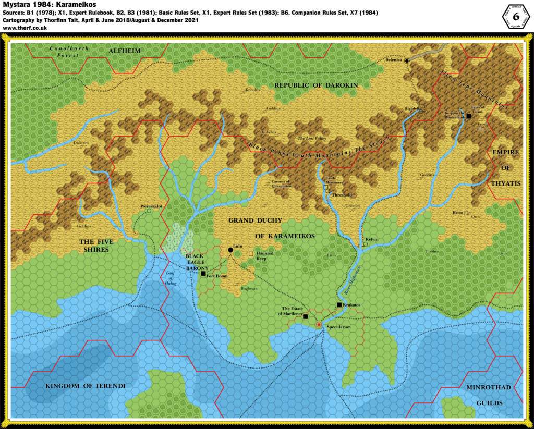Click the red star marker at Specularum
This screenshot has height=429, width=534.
(x=319, y=324)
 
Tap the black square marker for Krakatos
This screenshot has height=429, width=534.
(x=339, y=304)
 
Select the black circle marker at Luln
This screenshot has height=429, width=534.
(x=230, y=250)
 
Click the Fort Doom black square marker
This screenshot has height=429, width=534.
(x=203, y=273)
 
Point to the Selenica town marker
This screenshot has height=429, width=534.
(x=406, y=60)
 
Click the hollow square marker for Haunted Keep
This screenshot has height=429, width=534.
(x=251, y=254)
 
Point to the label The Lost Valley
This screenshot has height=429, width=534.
(x=307, y=139)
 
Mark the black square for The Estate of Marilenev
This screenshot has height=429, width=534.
(x=306, y=316)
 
